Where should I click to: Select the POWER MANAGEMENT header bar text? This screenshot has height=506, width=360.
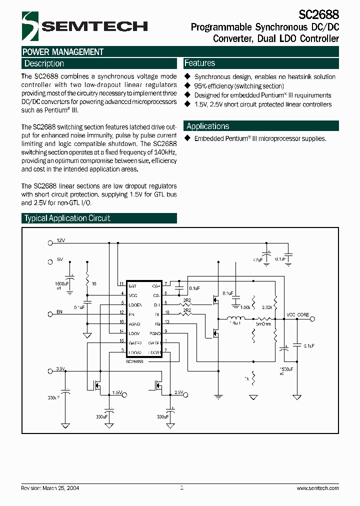63,52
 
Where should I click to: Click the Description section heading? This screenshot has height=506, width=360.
44,63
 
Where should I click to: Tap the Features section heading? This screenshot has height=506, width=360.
199,63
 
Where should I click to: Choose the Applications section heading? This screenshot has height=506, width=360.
207,126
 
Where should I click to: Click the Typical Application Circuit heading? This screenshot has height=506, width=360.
67,218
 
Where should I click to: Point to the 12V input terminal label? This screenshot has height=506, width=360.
60,240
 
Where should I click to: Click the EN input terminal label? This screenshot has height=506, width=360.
59,311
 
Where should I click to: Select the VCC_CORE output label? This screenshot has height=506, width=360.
297,315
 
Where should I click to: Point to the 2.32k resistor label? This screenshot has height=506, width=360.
266,307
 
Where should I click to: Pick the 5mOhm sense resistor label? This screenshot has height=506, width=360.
263,324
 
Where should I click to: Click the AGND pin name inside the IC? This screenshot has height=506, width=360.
134,323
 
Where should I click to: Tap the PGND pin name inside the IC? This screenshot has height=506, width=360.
155,332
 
